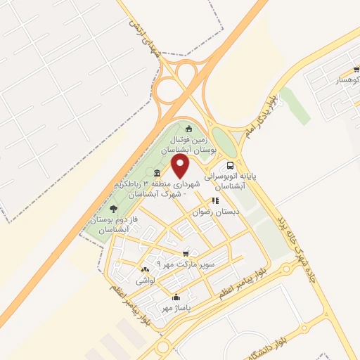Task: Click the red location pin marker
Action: [181, 166]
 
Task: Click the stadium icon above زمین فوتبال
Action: [188, 128]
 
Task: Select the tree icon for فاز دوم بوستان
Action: [114, 209]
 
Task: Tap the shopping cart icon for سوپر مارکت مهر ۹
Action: [186, 253]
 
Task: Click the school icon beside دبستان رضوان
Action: [224, 200]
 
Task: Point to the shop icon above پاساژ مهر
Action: [175, 297]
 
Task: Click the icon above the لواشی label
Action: [146, 269]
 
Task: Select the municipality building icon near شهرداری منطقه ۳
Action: [156, 173]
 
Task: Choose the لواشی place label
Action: [144, 280]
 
